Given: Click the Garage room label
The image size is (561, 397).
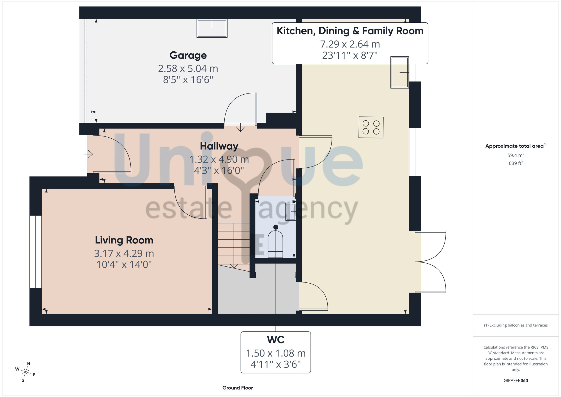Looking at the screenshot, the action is click(x=188, y=56).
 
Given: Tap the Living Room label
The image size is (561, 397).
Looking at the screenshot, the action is click(x=124, y=240).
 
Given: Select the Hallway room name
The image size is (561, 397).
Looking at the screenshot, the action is click(x=219, y=146).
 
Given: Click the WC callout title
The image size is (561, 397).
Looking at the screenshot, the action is click(x=276, y=340).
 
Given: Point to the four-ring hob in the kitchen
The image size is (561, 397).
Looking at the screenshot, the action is click(x=371, y=127).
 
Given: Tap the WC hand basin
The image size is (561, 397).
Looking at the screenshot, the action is click(x=291, y=211).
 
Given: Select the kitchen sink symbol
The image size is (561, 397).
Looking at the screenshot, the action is click(x=399, y=72).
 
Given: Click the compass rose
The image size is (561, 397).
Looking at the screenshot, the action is click(x=26, y=372).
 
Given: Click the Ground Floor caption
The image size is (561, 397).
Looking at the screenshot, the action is click(x=238, y=388).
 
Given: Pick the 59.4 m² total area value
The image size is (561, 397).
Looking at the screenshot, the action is click(x=516, y=155).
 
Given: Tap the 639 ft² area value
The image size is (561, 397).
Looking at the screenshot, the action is click(x=516, y=163).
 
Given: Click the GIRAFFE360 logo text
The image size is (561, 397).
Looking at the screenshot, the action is click(x=516, y=381).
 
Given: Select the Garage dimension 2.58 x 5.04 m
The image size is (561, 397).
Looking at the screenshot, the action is click(x=188, y=68).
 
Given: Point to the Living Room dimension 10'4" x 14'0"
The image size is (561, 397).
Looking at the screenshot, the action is click(x=124, y=264).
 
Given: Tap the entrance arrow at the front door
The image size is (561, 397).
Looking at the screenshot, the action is click(x=88, y=154).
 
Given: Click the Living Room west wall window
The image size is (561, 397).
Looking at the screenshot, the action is click(x=36, y=252).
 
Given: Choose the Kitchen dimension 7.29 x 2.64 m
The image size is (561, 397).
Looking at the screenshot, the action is click(x=350, y=44).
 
